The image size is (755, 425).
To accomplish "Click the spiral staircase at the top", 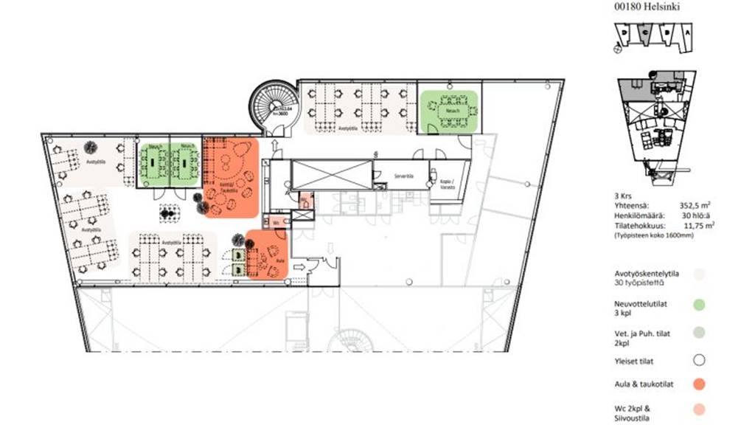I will (x=274, y=106).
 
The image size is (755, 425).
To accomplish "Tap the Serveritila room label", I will (x=402, y=177).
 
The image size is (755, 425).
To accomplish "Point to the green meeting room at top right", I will (x=449, y=111).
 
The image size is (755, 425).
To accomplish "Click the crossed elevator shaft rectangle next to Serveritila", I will (x=330, y=176).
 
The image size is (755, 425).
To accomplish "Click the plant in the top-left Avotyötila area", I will (x=90, y=146).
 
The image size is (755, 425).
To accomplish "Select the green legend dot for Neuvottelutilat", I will (x=699, y=303).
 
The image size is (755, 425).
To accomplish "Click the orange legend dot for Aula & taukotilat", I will (x=699, y=383).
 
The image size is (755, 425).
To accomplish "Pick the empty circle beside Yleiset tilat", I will (x=699, y=360).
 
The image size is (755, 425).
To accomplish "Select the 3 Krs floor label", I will (x=623, y=196).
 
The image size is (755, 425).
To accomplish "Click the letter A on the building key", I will (x=687, y=33).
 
